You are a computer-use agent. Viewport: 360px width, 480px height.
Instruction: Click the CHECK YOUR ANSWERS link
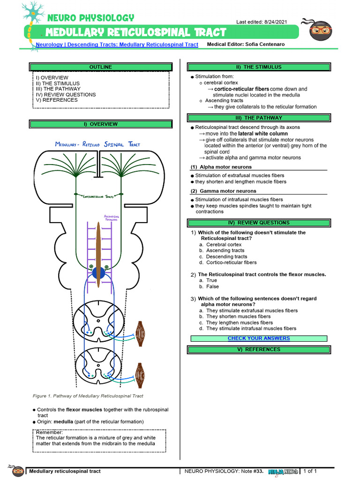point(258,338)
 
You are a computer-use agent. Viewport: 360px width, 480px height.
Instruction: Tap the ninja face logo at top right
point(321,30)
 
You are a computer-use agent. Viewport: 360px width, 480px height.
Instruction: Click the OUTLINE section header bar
point(100,67)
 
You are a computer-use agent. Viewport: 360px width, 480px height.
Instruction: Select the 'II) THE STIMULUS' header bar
point(258,67)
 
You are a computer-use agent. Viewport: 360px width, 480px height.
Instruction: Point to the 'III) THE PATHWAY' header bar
point(258,118)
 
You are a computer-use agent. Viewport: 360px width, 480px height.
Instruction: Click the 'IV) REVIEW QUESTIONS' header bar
point(258,223)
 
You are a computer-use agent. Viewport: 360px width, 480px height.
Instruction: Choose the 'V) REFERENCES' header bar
point(258,349)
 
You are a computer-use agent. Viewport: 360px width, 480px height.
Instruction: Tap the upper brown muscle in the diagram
point(140,334)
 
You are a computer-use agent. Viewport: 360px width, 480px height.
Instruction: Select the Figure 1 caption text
point(88,396)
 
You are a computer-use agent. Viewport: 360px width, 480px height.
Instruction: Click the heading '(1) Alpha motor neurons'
point(221,167)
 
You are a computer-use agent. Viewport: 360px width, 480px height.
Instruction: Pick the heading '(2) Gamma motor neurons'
point(223,191)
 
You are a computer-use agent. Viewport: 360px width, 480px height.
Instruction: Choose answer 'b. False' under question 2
point(209,286)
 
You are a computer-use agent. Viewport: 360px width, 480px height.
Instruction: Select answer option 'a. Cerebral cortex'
point(220,244)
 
